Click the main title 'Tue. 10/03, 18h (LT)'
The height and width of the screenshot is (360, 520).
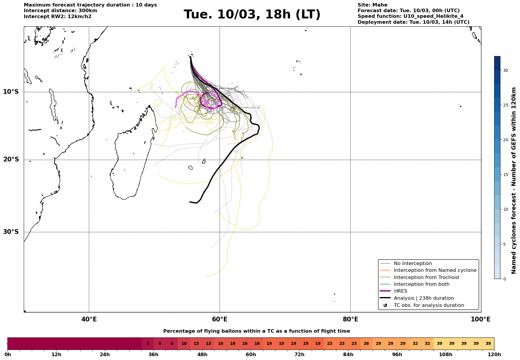(252, 15)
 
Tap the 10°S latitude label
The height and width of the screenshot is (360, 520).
(11, 92)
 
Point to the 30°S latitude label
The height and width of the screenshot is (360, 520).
(11, 232)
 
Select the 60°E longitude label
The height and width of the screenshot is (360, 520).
(220, 320)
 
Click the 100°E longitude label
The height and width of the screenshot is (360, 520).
(481, 320)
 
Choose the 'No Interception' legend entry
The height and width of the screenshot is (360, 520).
(413, 264)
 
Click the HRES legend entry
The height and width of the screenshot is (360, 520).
(400, 291)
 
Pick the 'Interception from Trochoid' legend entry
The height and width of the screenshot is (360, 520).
(426, 277)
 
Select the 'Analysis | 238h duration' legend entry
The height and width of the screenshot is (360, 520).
(424, 298)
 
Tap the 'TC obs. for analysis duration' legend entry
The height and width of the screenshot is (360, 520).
(429, 305)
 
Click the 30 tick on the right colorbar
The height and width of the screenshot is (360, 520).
(505, 71)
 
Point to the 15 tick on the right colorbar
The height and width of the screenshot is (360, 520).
(505, 175)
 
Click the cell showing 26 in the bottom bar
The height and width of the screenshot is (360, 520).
(366, 344)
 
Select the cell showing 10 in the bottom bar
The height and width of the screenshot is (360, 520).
(184, 344)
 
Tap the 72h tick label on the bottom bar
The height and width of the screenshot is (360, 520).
(299, 355)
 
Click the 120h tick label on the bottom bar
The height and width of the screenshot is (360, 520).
(494, 355)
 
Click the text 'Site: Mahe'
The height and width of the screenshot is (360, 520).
(372, 5)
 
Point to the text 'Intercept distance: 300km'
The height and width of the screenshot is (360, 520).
(60, 11)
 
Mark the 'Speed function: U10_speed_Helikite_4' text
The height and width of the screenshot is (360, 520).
(410, 16)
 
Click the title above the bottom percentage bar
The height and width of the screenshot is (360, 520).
(256, 331)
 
